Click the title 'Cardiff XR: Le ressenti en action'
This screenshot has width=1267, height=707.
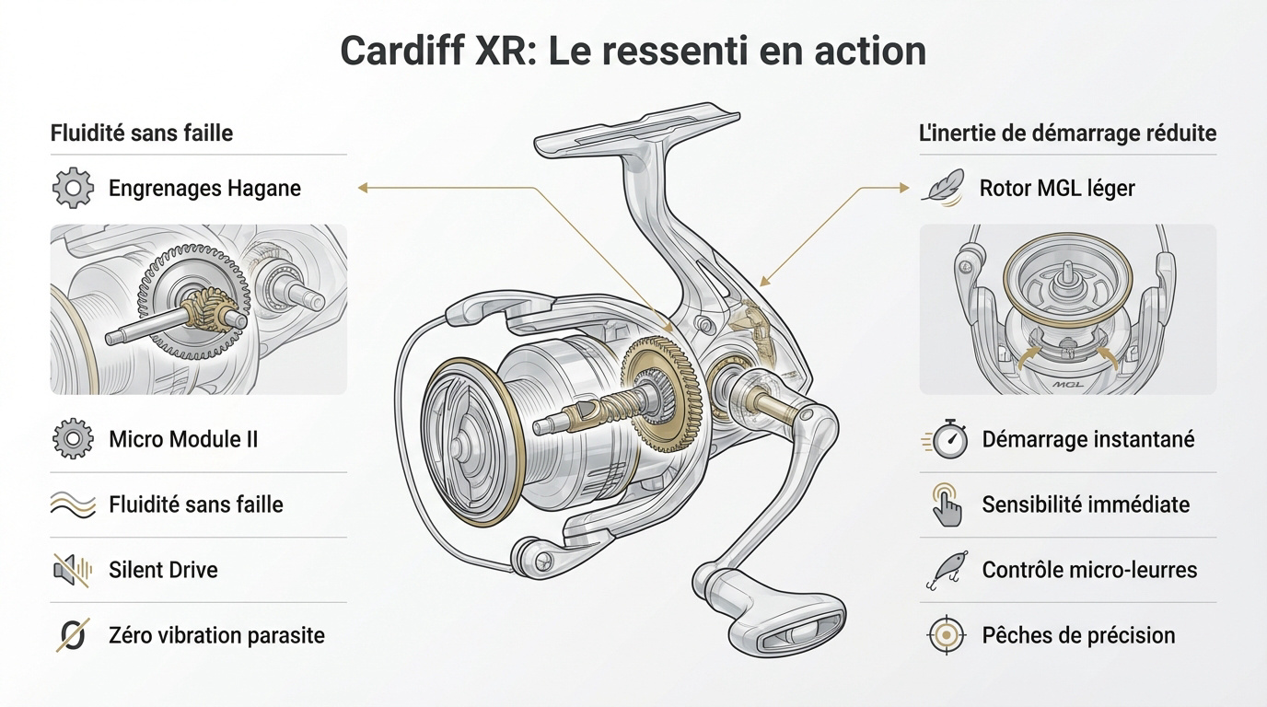point(633,51)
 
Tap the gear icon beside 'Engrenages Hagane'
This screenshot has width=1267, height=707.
point(73,189)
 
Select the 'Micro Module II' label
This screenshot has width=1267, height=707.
point(183,439)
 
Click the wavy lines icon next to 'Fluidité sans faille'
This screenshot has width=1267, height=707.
point(73,504)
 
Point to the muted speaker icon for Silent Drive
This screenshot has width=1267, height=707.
point(73,570)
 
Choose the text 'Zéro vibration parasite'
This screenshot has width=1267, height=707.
point(216,635)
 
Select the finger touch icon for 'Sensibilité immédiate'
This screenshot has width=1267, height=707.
point(947,504)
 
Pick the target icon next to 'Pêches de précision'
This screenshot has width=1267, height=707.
point(947,635)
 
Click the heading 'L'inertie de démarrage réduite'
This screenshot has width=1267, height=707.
point(1067,133)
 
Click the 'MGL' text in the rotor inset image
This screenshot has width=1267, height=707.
point(1066,387)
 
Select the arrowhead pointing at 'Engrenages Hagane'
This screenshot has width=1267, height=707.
point(363,188)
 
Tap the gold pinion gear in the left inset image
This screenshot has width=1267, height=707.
point(207,312)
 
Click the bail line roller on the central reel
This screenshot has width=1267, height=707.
point(535,554)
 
